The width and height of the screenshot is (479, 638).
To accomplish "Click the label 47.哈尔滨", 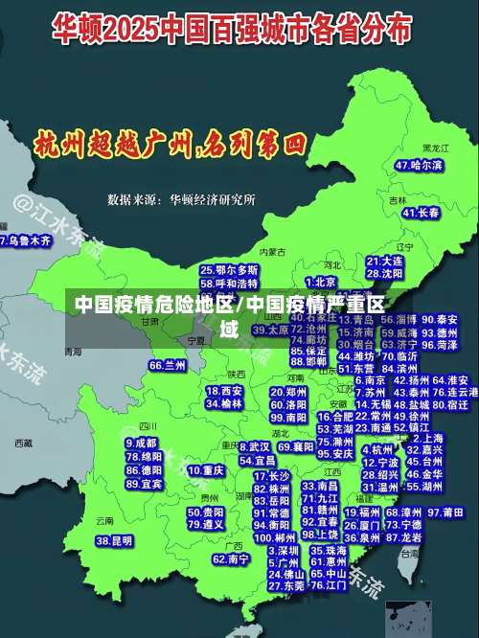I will point(419,166).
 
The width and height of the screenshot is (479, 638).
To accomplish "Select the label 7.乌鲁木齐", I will point(25,241).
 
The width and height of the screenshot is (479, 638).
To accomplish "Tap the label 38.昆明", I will point(114,541).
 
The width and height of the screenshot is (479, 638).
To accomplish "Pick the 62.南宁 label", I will point(231,558).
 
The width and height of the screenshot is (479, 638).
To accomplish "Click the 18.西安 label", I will point(225,391).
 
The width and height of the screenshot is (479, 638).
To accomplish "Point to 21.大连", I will point(384,261).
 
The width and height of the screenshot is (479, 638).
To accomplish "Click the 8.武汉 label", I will point(255,446).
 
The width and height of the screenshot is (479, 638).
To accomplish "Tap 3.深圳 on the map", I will point(284,551).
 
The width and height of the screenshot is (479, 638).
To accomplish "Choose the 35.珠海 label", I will point(329,551).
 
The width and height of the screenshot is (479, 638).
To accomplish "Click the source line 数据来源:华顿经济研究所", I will point(181,200).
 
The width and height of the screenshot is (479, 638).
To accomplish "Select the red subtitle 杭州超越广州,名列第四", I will point(170,146).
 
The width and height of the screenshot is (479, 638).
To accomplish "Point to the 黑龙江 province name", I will point(435,149).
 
